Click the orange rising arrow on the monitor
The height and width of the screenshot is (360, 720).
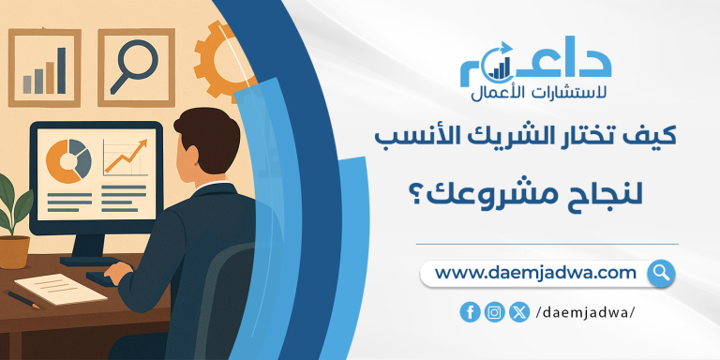point(125,156)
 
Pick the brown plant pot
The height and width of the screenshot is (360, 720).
point(13,250)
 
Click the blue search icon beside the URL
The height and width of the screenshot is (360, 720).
point(661,273)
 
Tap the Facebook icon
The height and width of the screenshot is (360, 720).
point(470,313)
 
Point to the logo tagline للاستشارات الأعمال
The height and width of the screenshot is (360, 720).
point(534,93)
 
